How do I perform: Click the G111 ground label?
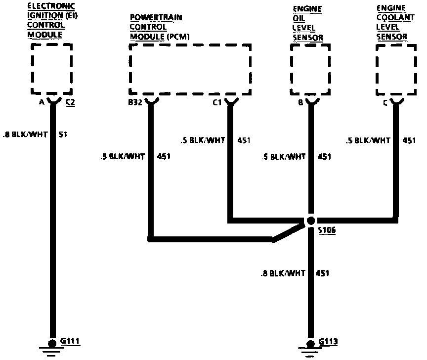[70, 341]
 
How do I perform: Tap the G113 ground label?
[329, 341]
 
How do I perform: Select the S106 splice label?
[326, 231]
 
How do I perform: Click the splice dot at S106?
[311, 221]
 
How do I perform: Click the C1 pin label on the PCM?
[217, 103]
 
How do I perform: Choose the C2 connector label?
[70, 103]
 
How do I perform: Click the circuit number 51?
[63, 134]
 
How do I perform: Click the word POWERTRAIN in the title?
[149, 17]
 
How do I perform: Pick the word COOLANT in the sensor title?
[391, 17]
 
